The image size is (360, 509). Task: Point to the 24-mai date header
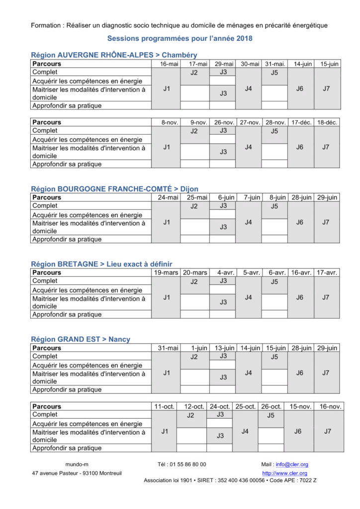click(168, 197)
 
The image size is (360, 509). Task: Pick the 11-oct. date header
click(165, 407)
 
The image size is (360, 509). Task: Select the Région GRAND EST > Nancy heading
click(81, 339)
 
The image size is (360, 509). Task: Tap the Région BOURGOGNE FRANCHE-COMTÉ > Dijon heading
click(114, 189)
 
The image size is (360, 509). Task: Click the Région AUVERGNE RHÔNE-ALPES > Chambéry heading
click(114, 55)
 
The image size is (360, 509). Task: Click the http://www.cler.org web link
click(284, 473)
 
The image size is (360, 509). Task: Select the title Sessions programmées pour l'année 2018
click(180, 38)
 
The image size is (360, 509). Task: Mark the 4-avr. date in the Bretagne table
click(225, 272)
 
